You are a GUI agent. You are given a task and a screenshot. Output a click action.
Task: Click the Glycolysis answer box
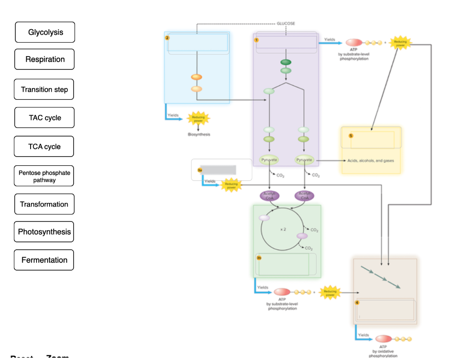pyautogui.click(x=45, y=32)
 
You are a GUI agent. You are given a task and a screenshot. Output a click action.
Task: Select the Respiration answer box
pyautogui.click(x=44, y=59)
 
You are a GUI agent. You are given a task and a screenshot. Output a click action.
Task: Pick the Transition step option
pyautogui.click(x=44, y=89)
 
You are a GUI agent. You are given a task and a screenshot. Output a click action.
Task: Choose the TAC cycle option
pyautogui.click(x=44, y=118)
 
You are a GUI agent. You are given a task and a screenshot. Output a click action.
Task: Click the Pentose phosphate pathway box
pyautogui.click(x=44, y=176)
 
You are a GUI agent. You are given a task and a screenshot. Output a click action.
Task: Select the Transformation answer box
pyautogui.click(x=44, y=204)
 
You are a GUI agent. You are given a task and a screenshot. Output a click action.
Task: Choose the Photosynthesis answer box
pyautogui.click(x=44, y=232)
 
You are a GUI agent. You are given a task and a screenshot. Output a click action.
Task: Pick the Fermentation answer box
pyautogui.click(x=44, y=260)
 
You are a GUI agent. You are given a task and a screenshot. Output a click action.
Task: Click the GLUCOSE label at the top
pyautogui.click(x=286, y=23)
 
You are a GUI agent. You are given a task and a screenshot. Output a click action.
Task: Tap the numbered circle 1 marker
pyautogui.click(x=256, y=40)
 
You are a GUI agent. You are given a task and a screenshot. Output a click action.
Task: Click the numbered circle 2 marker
pyautogui.click(x=167, y=38)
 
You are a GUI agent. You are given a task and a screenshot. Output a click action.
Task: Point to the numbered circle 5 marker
pyautogui.click(x=351, y=136)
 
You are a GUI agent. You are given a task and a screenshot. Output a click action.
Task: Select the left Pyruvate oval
pyautogui.click(x=269, y=160)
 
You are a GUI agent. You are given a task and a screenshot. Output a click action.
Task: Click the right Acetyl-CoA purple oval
pyautogui.click(x=305, y=196)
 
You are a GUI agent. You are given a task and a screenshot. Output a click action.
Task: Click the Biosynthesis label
pyautogui.click(x=199, y=134)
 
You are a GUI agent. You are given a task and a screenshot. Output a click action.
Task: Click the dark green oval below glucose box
pyautogui.click(x=286, y=62)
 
